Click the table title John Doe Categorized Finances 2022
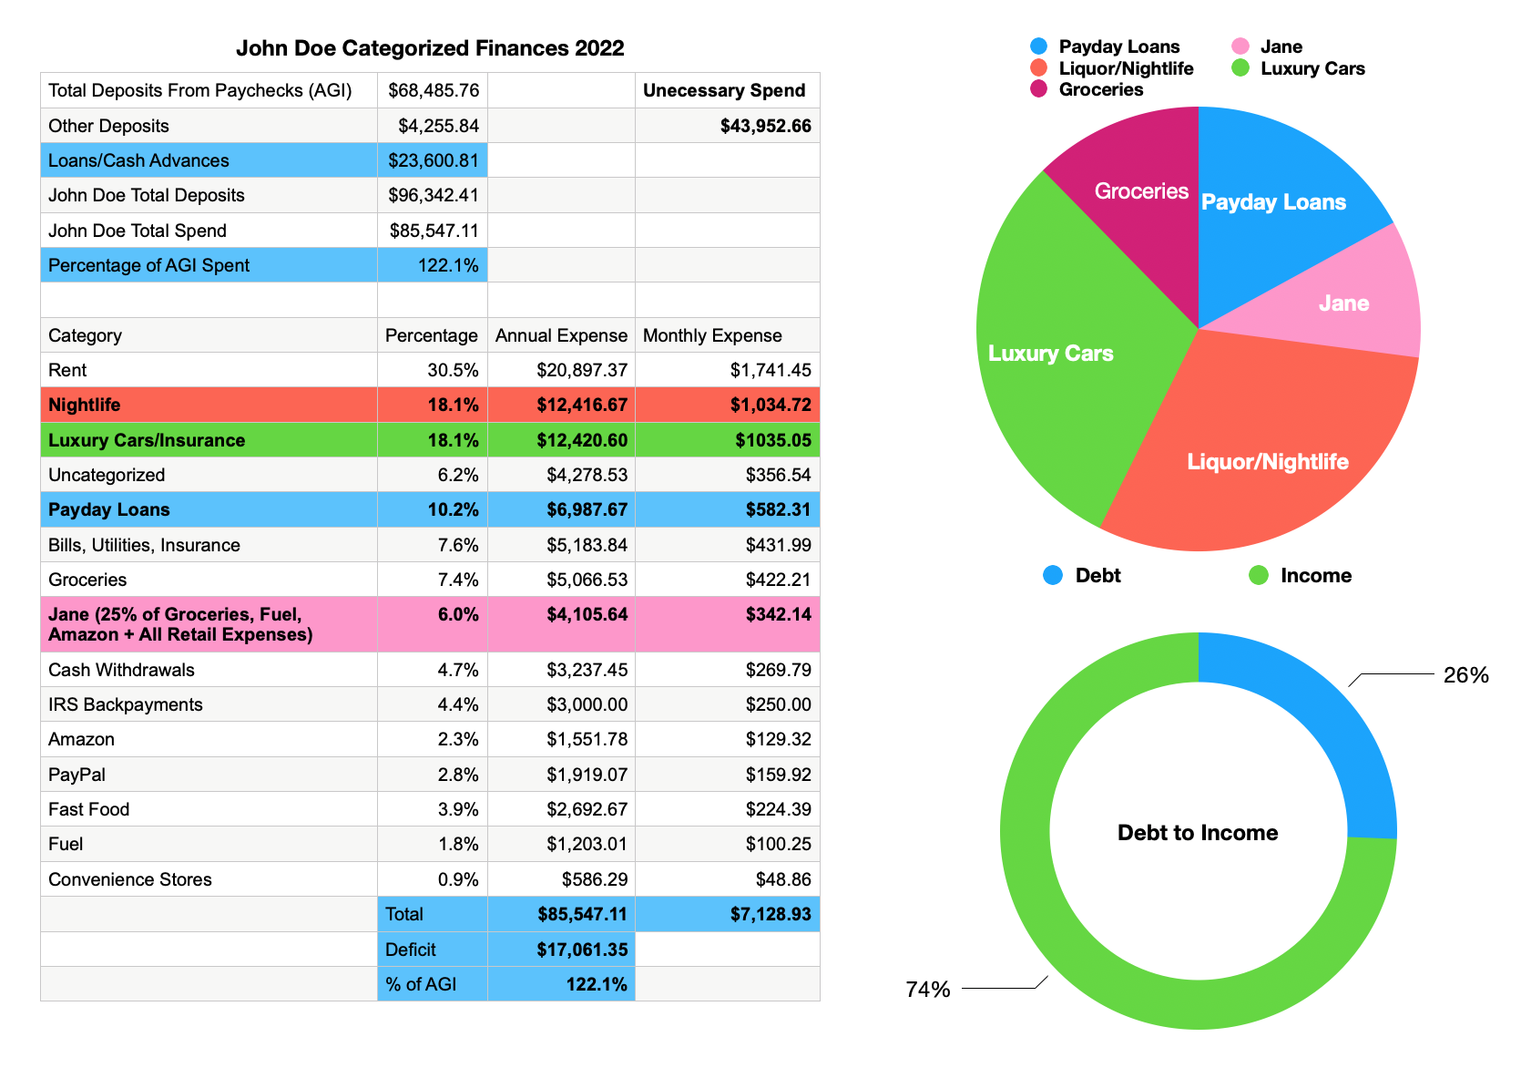click(430, 48)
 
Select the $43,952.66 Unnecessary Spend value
click(765, 126)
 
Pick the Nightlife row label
click(85, 405)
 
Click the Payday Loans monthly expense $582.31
click(778, 509)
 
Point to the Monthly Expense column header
click(712, 335)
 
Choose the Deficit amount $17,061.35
click(582, 950)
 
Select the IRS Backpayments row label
click(126, 704)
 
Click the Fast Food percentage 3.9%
click(458, 809)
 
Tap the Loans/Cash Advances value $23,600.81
click(434, 160)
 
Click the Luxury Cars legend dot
click(1240, 68)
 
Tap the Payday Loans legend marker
click(1038, 46)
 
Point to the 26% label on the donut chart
click(1465, 675)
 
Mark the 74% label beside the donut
click(928, 990)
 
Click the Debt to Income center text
click(1198, 833)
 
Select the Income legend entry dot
click(1259, 575)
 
